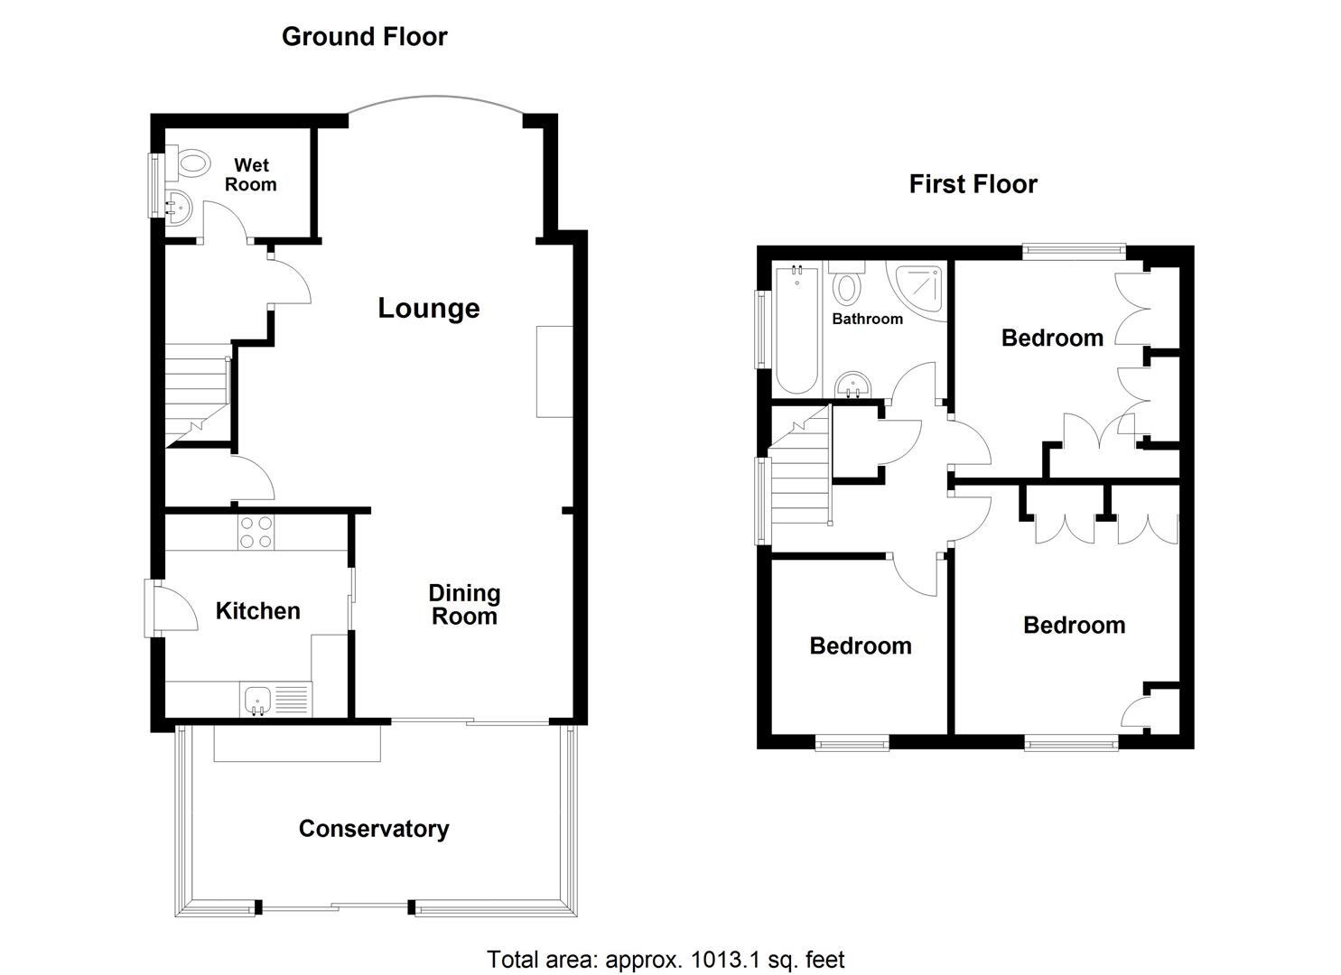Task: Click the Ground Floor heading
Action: [364, 37]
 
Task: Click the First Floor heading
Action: [973, 185]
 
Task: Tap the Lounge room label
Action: [428, 309]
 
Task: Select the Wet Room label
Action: [250, 175]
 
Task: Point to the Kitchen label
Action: [257, 611]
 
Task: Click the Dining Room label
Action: [463, 605]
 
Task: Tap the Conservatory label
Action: [374, 829]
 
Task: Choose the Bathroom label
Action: [867, 319]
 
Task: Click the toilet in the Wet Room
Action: [191, 163]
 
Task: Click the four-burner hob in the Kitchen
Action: [255, 531]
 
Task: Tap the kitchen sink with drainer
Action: [275, 700]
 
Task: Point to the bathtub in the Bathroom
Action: [796, 330]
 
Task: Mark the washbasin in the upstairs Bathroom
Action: [852, 386]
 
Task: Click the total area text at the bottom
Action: [666, 960]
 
